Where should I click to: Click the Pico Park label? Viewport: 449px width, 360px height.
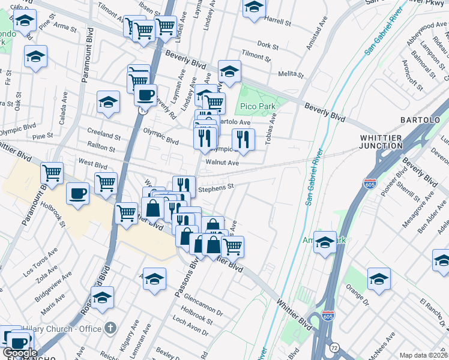coord(257,106)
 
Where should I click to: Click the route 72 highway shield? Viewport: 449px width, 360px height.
coord(334,347)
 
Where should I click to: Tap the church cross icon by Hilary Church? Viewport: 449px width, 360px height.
coord(109,328)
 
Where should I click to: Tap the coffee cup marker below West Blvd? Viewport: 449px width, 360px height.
coord(77,194)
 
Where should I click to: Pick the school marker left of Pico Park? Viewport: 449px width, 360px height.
coord(229,71)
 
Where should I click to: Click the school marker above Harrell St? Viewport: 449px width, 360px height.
coord(254,7)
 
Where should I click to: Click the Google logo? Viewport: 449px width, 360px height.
coord(20,353)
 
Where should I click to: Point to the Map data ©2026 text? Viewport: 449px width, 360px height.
coord(423,355)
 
